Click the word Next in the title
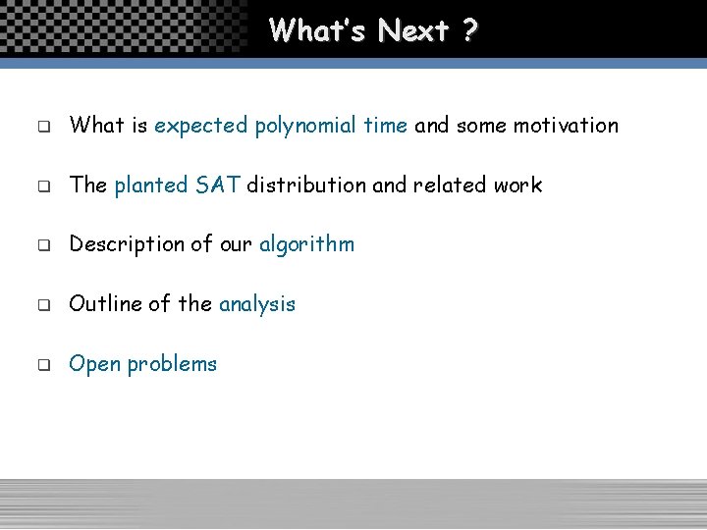click(412, 30)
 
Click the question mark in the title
click(469, 30)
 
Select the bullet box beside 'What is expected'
click(44, 128)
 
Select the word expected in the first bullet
click(201, 126)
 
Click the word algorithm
click(306, 244)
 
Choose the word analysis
click(257, 304)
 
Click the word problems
click(172, 364)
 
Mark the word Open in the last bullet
click(94, 364)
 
